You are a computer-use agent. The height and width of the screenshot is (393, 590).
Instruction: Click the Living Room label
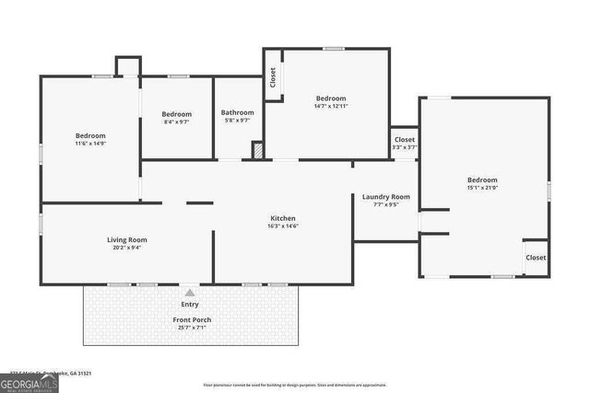tap(126, 240)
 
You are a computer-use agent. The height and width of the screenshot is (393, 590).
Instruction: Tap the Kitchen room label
tap(282, 218)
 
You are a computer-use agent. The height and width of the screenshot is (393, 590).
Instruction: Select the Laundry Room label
tap(385, 197)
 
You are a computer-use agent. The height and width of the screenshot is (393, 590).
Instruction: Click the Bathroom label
tap(237, 112)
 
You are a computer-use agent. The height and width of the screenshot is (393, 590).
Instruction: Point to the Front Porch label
tap(192, 319)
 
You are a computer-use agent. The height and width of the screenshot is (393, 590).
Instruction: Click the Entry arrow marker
tap(189, 291)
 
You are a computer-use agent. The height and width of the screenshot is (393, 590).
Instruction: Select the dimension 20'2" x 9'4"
tap(126, 248)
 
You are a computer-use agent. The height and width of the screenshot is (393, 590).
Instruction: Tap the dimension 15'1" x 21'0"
tap(482, 188)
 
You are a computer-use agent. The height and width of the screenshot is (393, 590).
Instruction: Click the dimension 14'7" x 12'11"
tap(331, 106)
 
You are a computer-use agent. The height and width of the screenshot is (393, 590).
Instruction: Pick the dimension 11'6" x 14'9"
tap(90, 143)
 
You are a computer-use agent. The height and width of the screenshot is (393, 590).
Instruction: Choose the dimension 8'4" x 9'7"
tap(176, 121)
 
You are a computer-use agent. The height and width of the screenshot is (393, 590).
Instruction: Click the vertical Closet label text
tap(273, 78)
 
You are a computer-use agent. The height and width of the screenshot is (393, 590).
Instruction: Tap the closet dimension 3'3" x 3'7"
tap(405, 147)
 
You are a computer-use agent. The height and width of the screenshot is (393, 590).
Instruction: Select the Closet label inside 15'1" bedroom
tap(536, 258)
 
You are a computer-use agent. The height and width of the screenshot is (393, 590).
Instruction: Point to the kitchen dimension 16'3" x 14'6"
tap(282, 226)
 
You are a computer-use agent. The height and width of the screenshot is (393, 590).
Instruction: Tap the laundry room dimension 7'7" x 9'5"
tap(385, 205)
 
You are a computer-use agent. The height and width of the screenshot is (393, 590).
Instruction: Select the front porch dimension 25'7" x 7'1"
tap(192, 328)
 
